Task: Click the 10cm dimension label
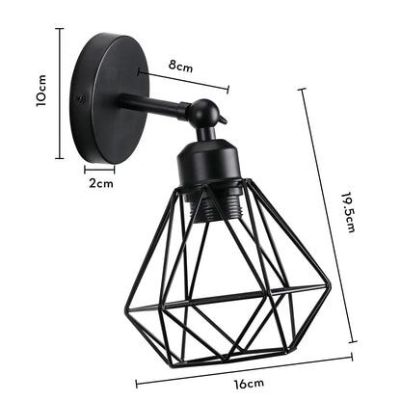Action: point(41,94)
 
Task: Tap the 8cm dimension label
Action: point(180,67)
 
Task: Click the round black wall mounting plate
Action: point(104,96)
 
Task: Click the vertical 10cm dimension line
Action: point(61,94)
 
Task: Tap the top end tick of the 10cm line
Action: point(61,29)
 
